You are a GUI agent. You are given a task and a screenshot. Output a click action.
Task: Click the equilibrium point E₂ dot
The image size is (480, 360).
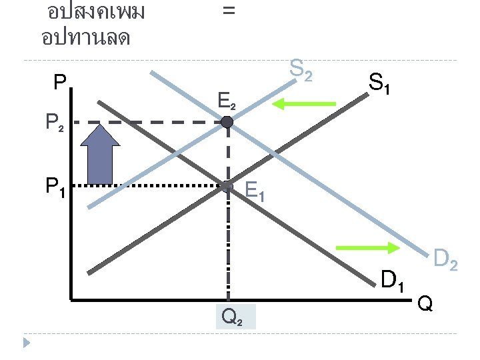pos(227,122)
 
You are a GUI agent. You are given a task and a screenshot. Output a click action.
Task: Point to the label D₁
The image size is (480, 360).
pos(393,282)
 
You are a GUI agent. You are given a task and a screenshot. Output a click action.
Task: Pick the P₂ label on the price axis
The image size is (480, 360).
pos(55,123)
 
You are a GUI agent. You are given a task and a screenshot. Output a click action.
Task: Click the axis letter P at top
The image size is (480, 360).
pos(60,83)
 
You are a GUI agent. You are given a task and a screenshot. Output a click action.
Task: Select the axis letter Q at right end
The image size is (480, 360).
pos(424,305)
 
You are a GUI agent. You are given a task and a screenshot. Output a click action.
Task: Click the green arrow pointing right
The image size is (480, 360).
pos(367,248)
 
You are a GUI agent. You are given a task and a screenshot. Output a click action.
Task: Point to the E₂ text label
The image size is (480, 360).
pos(227,102)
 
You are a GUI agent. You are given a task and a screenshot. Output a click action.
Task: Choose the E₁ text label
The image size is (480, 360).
pos(254,192)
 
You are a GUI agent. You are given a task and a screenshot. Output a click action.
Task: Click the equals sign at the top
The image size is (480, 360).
pos(228,11)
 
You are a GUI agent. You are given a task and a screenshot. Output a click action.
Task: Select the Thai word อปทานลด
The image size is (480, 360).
pos(85,37)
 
